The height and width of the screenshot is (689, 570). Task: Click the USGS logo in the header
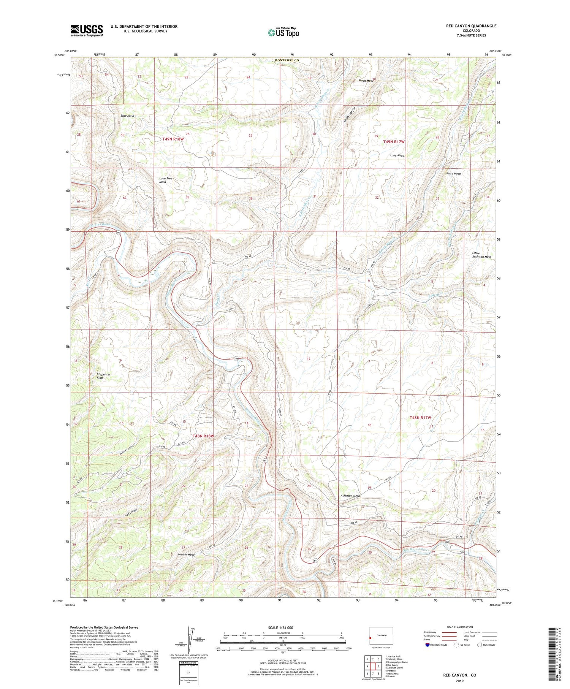(87, 30)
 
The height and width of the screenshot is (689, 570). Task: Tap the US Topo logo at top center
(283, 32)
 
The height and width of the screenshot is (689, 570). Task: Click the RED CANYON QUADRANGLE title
(471, 26)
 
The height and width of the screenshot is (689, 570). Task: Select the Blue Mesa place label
(127, 116)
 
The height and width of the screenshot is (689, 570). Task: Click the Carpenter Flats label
(103, 376)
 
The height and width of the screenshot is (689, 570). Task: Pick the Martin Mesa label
(186, 554)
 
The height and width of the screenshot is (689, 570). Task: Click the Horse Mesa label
(453, 173)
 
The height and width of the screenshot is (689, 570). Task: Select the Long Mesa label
(397, 155)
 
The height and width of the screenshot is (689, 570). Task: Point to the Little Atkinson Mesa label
(481, 255)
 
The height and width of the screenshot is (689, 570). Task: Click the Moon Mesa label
(366, 81)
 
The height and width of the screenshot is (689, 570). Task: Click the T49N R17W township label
(394, 141)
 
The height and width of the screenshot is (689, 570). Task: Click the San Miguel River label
(416, 550)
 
